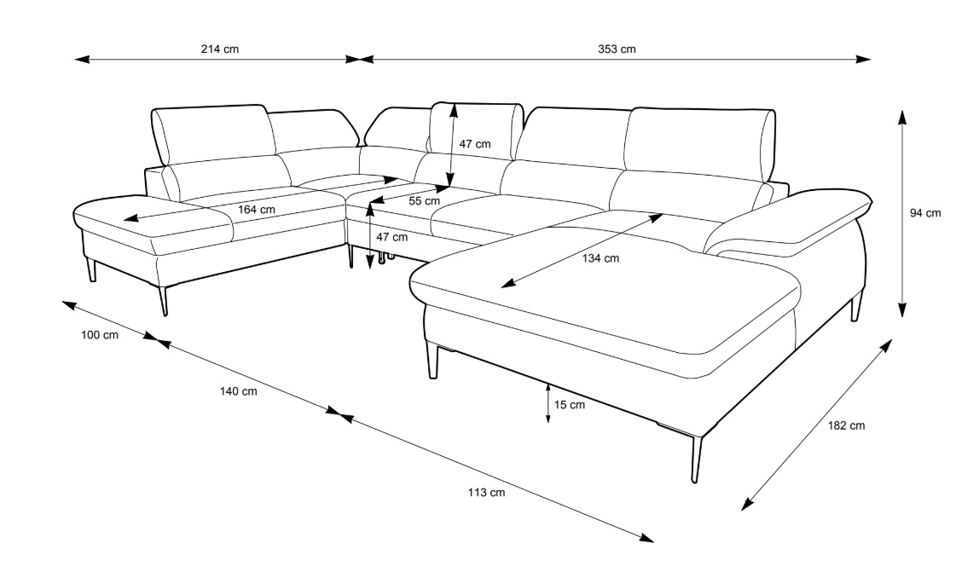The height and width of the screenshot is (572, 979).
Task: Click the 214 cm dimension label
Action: coord(219,49)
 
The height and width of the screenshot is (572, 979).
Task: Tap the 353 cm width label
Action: coord(617,49)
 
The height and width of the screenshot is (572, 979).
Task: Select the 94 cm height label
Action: coord(925,213)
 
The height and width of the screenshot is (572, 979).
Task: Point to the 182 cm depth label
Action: coord(847,425)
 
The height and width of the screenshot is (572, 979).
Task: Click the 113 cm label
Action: coord(486,493)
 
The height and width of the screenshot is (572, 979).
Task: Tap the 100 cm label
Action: coord(100,335)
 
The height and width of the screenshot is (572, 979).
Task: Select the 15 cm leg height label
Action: coord(570,405)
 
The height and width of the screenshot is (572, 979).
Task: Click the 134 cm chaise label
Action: coord(600,258)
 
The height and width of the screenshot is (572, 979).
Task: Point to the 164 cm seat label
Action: coord(257,210)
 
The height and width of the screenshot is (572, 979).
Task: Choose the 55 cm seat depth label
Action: coord(424,201)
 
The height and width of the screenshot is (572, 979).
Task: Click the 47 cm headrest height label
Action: coord(475,144)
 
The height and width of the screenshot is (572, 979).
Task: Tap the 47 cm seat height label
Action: coord(392,237)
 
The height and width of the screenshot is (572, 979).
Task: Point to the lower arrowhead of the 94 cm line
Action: coord(902,310)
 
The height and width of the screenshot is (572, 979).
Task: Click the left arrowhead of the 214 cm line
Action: coord(82,60)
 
